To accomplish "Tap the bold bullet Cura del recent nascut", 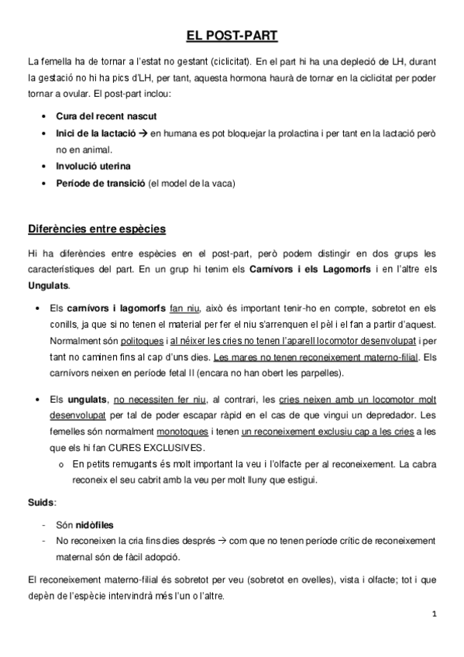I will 106,115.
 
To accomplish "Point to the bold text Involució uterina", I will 94,166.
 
